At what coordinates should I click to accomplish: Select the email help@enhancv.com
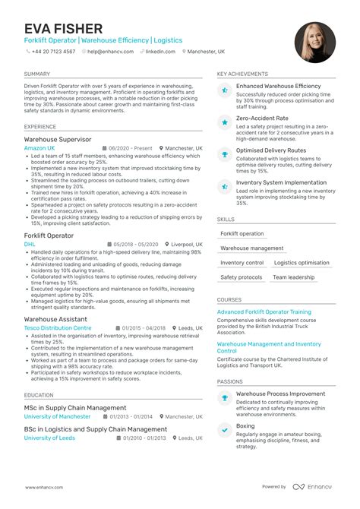point(111,52)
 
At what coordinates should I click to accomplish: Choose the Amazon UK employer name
point(39,148)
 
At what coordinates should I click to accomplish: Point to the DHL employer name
point(30,245)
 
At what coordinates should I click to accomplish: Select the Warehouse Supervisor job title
point(58,140)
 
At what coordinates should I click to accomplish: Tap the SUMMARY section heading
point(37,74)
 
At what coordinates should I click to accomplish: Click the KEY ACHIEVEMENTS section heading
point(242,74)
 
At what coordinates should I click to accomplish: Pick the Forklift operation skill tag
point(242,234)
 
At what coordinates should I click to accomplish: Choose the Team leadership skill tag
point(293,277)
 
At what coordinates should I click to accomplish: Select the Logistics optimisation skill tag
point(302,263)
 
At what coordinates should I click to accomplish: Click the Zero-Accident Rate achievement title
point(262,119)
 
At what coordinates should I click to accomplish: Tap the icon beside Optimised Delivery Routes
point(225,153)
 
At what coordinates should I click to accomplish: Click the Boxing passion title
point(245,426)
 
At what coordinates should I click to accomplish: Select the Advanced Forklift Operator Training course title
point(264,311)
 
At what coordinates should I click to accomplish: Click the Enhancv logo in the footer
point(313,486)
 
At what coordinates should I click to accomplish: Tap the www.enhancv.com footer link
point(43,486)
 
